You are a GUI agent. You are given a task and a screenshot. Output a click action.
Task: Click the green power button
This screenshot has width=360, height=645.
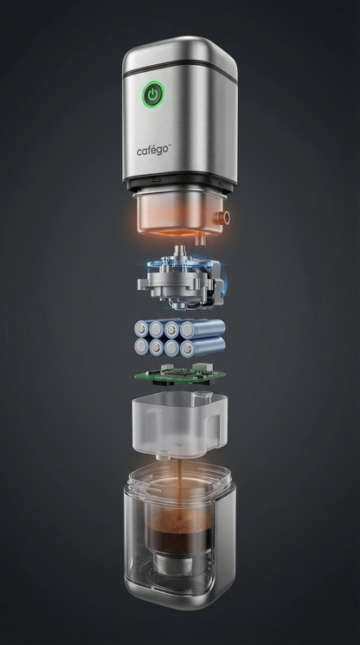[x=153, y=94]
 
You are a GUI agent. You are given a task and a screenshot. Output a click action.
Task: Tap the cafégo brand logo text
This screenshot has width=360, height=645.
[x=152, y=151]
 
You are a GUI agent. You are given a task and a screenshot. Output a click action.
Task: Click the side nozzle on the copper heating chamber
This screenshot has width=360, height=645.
[x=224, y=216]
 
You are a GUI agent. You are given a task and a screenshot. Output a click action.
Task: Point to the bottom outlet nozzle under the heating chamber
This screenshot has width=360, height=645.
[x=200, y=239]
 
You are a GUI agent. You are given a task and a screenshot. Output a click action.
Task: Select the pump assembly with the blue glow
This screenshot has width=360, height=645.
[x=181, y=280]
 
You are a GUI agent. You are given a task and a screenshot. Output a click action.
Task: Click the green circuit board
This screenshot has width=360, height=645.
[x=180, y=374]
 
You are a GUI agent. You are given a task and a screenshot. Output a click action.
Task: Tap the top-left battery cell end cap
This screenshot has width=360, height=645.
[x=141, y=329]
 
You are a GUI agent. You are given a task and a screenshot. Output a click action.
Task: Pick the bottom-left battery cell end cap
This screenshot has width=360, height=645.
[x=141, y=347]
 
